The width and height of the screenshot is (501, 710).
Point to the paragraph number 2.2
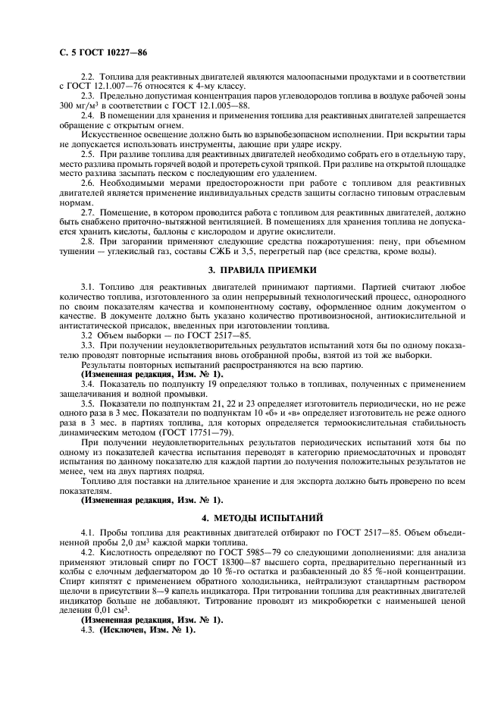point(89,79)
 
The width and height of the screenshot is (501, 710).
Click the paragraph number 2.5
point(89,154)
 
